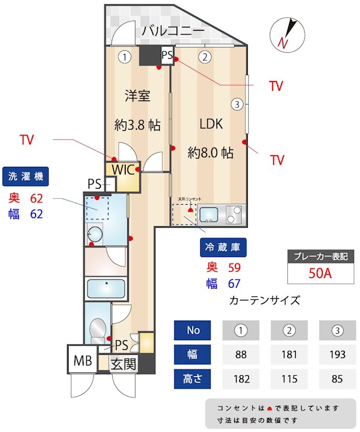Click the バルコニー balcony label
pyautogui.click(x=173, y=31)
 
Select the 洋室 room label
pyautogui.click(x=137, y=96)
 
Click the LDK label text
pyautogui.click(x=211, y=124)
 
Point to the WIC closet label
pyautogui.click(x=123, y=169)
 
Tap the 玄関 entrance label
pyautogui.click(x=124, y=364)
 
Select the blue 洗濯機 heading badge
pyautogui.click(x=26, y=176)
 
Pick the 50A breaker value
pyautogui.click(x=319, y=273)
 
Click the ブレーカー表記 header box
pyautogui.click(x=319, y=256)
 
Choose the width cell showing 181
pyautogui.click(x=289, y=355)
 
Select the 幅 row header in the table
pyautogui.click(x=193, y=355)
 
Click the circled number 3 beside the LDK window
pyautogui.click(x=236, y=104)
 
